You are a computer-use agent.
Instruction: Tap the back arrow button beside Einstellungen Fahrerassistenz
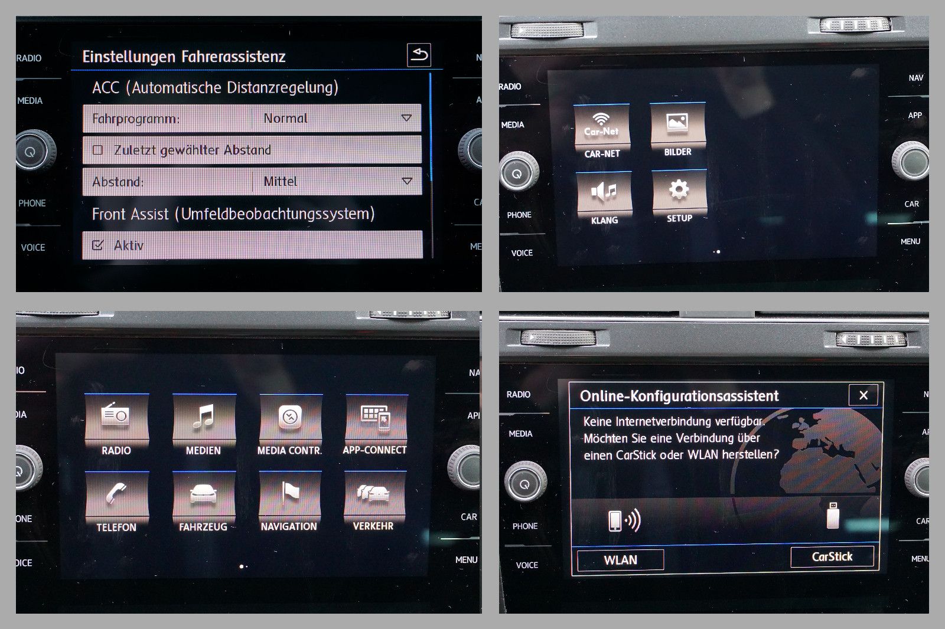pos(419,55)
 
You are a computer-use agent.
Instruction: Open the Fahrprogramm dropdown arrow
pos(406,118)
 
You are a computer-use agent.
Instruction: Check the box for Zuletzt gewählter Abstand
pos(97,150)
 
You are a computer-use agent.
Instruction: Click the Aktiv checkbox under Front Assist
pos(97,245)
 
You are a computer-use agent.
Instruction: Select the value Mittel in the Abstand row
pos(280,182)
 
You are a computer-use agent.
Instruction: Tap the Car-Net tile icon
pos(602,125)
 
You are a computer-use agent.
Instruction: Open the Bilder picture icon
pos(677,122)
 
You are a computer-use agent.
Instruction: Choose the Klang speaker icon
pos(604,191)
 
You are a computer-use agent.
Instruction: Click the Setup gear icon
pos(679,190)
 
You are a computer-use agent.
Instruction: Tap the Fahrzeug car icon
pos(204,494)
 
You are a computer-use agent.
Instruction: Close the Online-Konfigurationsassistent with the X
pos(863,395)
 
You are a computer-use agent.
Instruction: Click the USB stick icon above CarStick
pos(833,515)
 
